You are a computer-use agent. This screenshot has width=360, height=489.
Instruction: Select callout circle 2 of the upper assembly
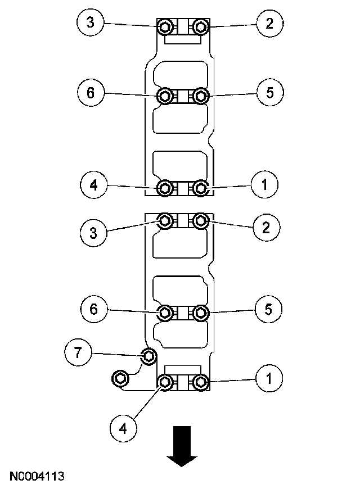(269, 24)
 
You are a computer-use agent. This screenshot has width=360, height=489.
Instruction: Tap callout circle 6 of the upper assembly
(91, 93)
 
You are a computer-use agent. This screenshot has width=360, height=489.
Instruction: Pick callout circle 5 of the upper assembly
(269, 93)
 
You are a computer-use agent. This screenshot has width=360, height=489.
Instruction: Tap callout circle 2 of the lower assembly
(266, 227)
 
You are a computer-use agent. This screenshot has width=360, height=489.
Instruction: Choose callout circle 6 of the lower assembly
(92, 309)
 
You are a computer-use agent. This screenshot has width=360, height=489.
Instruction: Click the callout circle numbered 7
(78, 353)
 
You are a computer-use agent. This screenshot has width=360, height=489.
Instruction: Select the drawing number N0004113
(36, 477)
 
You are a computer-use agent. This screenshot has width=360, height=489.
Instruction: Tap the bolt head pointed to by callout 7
(148, 356)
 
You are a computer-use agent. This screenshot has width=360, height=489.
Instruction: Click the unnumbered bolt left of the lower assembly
(120, 378)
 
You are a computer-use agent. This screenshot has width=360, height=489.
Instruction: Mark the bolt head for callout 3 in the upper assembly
(165, 27)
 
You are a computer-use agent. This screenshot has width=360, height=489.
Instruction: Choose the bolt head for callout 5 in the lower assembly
(201, 313)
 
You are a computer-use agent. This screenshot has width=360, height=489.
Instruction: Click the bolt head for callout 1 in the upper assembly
(201, 188)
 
